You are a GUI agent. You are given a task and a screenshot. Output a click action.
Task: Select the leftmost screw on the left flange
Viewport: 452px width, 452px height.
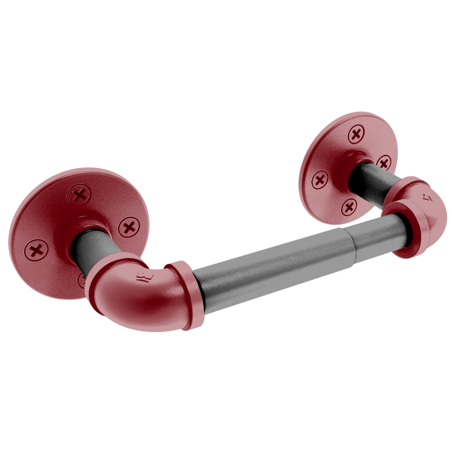[36, 250]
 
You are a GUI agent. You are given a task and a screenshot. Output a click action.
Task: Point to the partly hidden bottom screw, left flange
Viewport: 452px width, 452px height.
[81, 280]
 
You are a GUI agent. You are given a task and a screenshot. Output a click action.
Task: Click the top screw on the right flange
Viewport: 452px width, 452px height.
[356, 135]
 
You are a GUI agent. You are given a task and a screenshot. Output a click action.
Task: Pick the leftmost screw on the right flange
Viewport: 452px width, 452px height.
[320, 180]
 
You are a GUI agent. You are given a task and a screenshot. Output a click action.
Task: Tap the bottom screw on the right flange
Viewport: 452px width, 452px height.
[349, 206]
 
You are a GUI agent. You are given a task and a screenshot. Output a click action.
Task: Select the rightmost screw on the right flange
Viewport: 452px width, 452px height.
[383, 162]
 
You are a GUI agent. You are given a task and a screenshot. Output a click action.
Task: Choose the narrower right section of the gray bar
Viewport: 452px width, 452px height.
[372, 236]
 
